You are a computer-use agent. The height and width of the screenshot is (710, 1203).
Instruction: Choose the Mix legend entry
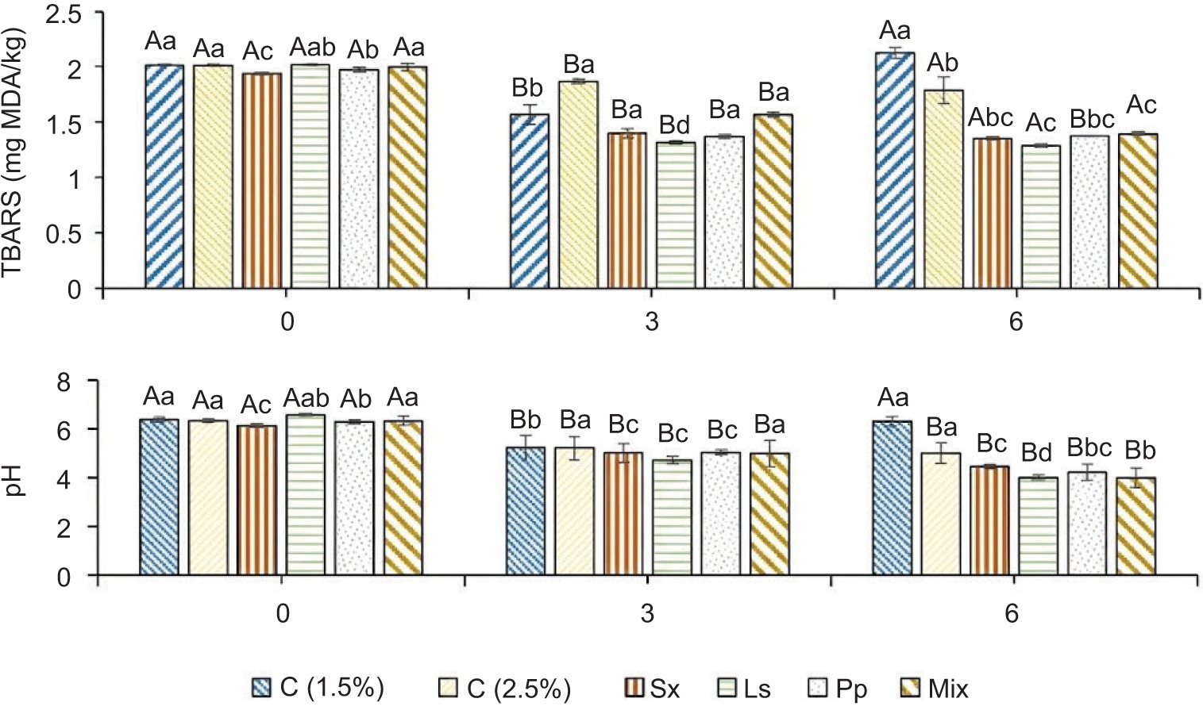click(937, 689)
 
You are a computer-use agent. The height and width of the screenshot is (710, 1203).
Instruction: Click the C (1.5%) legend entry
click(318, 688)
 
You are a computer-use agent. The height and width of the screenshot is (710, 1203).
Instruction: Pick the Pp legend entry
click(839, 689)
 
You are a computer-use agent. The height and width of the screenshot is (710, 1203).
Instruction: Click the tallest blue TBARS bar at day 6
click(895, 171)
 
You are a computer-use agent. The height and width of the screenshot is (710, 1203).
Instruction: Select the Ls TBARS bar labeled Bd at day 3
click(676, 215)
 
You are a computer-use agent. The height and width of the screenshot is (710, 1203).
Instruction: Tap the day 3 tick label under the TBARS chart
click(651, 322)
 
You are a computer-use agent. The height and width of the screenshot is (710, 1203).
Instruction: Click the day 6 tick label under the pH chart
click(1011, 614)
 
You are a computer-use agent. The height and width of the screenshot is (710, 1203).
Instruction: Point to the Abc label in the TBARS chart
click(990, 118)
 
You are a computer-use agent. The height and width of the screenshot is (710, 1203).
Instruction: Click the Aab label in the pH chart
click(306, 398)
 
